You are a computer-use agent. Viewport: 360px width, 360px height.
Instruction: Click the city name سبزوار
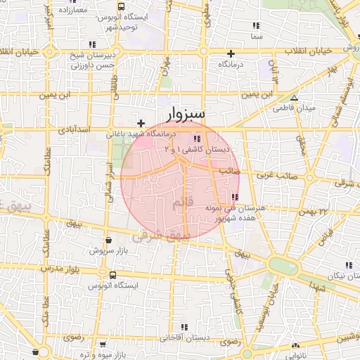pos(186,113)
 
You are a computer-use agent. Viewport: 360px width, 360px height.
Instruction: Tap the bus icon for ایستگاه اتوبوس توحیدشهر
pos(121,6)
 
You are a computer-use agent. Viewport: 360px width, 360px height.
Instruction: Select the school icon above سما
pos(256,25)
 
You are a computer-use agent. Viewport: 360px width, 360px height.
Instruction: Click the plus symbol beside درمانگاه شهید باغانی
pos(141,123)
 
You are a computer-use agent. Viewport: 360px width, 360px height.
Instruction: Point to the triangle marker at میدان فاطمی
pos(294,98)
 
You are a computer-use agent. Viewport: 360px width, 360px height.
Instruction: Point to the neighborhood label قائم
pos(180,203)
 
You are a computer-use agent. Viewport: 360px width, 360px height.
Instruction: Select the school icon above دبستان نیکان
pos(347,265)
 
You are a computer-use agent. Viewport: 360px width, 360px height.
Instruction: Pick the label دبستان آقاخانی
pos(185,337)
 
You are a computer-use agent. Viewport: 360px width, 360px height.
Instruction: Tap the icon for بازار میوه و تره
pos(103,344)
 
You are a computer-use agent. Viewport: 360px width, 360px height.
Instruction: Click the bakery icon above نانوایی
pos(295,345)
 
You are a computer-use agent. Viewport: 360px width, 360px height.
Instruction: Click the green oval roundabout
pos(283,266)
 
